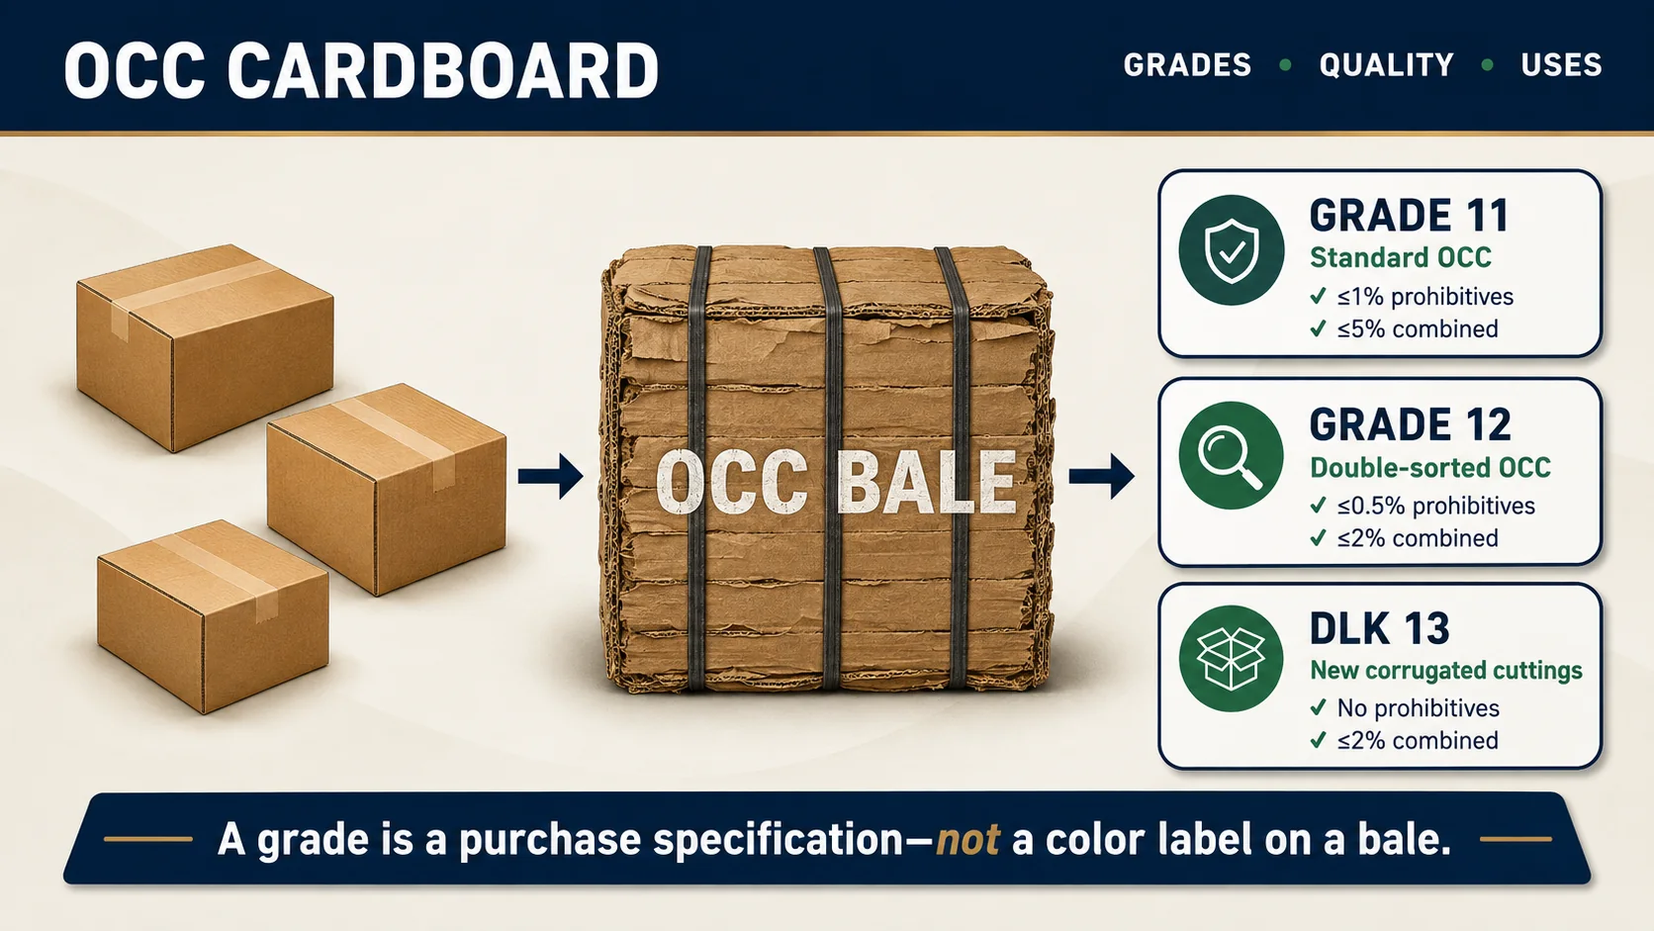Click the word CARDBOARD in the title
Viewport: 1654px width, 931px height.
[442, 71]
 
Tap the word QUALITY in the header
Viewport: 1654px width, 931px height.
[1387, 65]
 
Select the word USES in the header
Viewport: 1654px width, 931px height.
[1562, 65]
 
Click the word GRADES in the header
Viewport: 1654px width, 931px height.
[1187, 65]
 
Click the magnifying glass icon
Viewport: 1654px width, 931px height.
[1231, 455]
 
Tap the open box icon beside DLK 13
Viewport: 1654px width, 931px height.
[1231, 659]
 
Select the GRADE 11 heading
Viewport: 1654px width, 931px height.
[1410, 216]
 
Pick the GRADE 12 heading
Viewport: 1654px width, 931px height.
[1411, 424]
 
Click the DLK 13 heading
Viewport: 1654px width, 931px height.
[1380, 628]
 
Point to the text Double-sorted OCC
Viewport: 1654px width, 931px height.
[1430, 468]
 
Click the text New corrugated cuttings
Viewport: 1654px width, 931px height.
[1446, 671]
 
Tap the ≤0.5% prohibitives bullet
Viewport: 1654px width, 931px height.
[1423, 506]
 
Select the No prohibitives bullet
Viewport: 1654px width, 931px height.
[1405, 708]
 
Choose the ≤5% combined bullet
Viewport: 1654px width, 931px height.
[1404, 328]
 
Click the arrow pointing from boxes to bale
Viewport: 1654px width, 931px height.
[551, 476]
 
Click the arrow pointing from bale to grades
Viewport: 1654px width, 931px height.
[1102, 476]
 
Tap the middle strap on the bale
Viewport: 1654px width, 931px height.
[831, 468]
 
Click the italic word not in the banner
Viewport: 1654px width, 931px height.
[968, 839]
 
